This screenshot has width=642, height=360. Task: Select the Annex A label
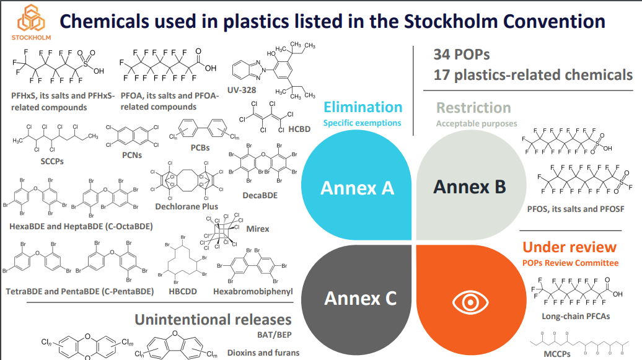tap(357, 187)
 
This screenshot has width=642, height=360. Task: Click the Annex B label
tap(469, 186)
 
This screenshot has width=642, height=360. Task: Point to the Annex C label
tap(360, 299)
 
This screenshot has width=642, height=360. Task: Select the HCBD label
tap(299, 130)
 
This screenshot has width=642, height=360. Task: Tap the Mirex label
tap(258, 229)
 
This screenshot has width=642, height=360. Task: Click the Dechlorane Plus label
tap(187, 206)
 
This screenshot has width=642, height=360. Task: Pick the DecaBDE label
tap(260, 195)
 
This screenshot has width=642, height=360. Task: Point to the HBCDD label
tap(183, 291)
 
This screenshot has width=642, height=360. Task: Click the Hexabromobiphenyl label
tap(253, 291)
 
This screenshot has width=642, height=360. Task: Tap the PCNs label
tap(132, 156)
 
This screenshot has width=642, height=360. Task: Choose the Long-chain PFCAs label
tap(567, 317)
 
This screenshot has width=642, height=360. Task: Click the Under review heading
tap(569, 247)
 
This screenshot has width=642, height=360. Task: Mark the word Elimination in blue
tap(363, 107)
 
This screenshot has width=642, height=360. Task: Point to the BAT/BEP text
tap(274, 335)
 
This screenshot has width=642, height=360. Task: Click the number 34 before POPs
tap(442, 55)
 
